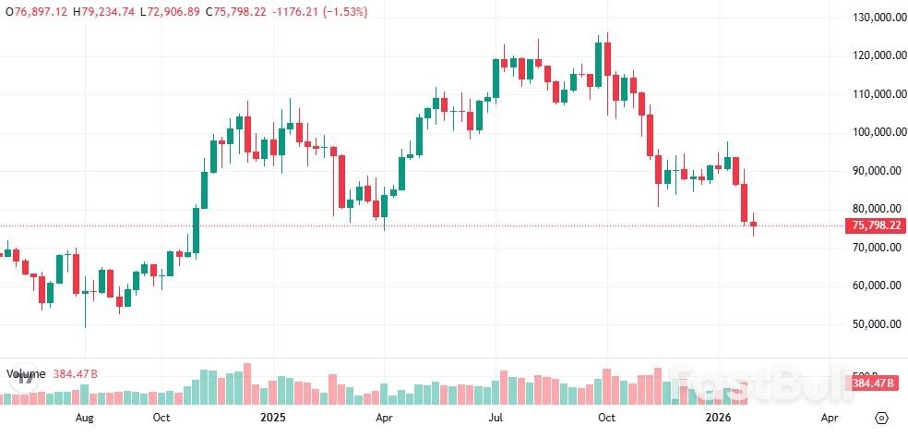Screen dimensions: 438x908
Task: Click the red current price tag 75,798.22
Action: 876,225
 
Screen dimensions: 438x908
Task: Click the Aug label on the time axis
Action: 84,418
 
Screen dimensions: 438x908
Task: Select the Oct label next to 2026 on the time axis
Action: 606,418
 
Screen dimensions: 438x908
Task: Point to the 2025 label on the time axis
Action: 273,418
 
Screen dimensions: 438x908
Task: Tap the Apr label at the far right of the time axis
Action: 830,418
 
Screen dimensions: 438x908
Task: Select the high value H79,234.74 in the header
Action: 106,12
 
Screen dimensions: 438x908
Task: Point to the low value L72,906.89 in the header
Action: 172,12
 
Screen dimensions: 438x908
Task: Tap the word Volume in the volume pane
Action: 26,374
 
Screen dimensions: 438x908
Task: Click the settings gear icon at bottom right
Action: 882,418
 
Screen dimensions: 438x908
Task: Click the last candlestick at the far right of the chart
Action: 753,225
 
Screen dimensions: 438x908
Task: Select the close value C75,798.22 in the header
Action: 241,12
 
